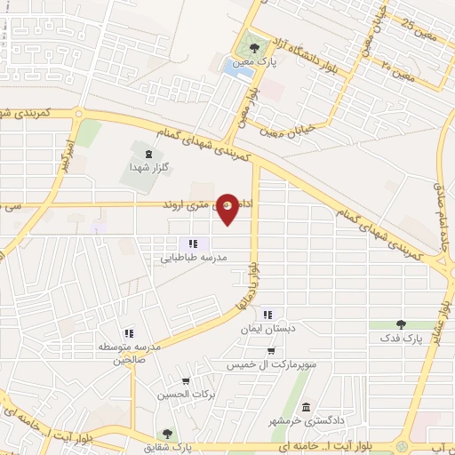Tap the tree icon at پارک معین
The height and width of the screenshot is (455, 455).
pyautogui.click(x=255, y=48)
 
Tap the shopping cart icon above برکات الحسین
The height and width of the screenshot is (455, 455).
pyautogui.click(x=186, y=381)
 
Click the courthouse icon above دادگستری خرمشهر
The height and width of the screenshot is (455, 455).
pyautogui.click(x=307, y=407)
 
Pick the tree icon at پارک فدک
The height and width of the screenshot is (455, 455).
pyautogui.click(x=401, y=325)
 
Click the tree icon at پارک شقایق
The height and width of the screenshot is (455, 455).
pyautogui.click(x=166, y=434)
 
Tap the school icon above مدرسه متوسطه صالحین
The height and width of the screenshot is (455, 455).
pyautogui.click(x=129, y=332)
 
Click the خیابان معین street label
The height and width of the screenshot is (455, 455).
pyautogui.click(x=284, y=132)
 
